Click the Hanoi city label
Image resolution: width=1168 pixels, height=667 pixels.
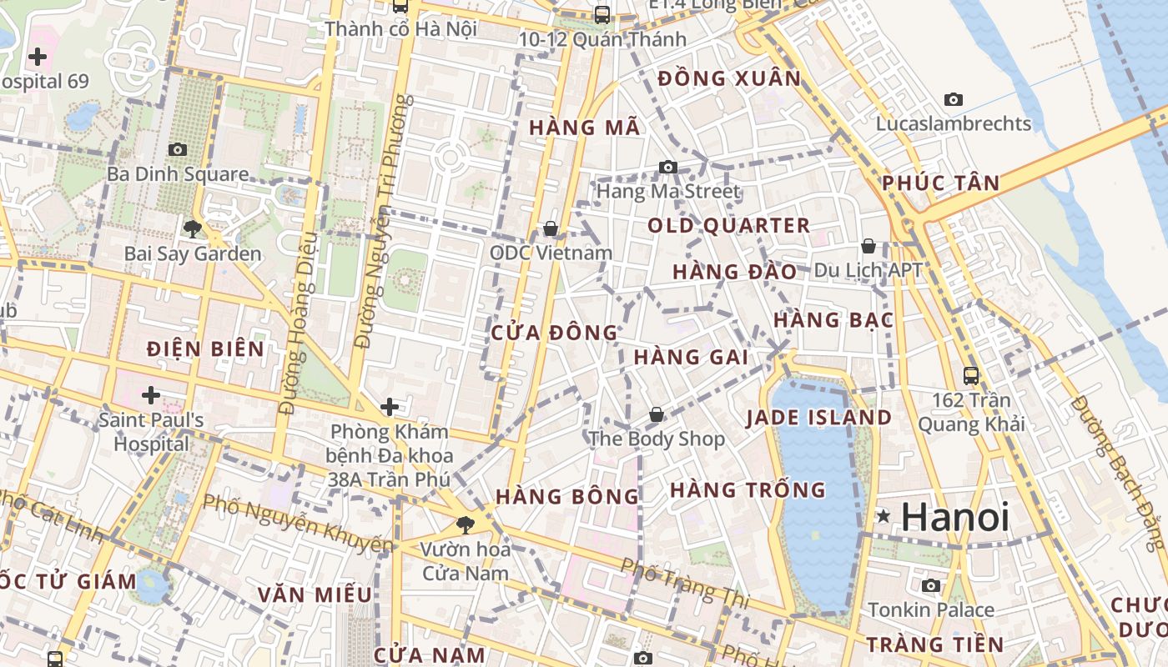coord(955,517)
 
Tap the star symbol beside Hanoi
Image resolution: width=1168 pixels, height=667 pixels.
coord(884,517)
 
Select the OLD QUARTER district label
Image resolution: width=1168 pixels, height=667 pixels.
coord(728,225)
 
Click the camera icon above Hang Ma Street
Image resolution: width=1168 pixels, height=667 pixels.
coord(667,167)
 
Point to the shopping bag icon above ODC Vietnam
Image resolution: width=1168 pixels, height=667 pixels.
coord(551,228)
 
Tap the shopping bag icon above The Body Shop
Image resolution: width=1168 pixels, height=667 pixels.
coord(657,414)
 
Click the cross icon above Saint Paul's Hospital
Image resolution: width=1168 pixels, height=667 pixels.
coord(151,394)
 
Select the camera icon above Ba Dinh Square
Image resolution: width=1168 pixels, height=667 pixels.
coord(178,149)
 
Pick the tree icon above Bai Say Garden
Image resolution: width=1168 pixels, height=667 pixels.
coord(193,228)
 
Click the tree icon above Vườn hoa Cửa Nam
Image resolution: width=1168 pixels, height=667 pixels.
coord(465,525)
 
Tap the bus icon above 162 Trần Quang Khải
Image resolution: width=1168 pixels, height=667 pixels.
coord(970,375)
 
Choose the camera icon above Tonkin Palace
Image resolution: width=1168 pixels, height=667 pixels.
coord(931,585)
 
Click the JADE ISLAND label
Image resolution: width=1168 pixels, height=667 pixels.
coord(818,417)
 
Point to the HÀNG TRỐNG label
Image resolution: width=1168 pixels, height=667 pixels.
coord(748,489)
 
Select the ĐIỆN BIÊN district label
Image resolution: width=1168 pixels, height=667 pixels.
coord(205,349)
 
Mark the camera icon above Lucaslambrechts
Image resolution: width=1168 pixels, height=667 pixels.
coord(953,99)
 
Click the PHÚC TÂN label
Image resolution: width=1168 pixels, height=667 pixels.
coord(940,183)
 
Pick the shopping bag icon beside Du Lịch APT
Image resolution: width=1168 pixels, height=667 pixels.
coord(868,246)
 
